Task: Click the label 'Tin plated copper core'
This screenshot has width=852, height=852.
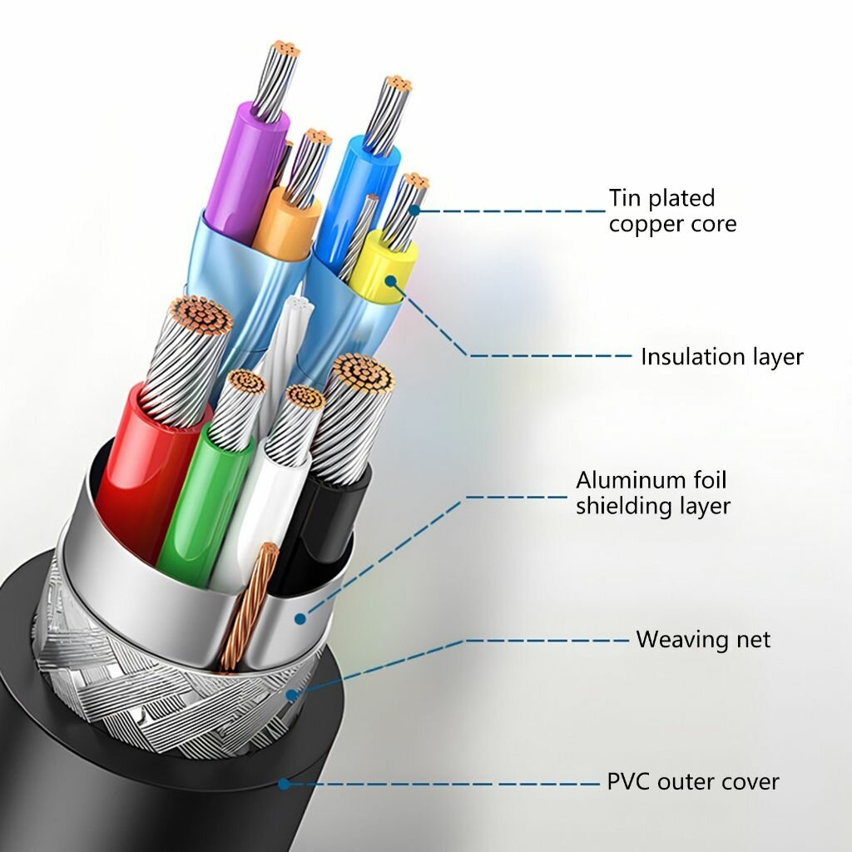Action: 672,211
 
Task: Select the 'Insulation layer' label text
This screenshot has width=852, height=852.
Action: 721,357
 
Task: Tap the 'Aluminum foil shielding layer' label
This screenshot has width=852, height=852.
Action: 653,493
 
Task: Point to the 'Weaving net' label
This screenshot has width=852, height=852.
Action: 703,639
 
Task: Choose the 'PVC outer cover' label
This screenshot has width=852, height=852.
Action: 693,782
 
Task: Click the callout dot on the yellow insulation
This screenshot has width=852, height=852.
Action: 391,281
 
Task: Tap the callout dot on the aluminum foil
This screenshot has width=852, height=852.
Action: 300,618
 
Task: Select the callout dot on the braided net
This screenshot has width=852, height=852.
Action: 292,695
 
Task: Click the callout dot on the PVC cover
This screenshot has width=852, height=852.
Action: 283,784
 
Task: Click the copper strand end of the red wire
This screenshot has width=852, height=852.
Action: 201,315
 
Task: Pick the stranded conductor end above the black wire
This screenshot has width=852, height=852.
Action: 363,374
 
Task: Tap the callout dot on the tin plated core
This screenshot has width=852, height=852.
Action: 414,211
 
